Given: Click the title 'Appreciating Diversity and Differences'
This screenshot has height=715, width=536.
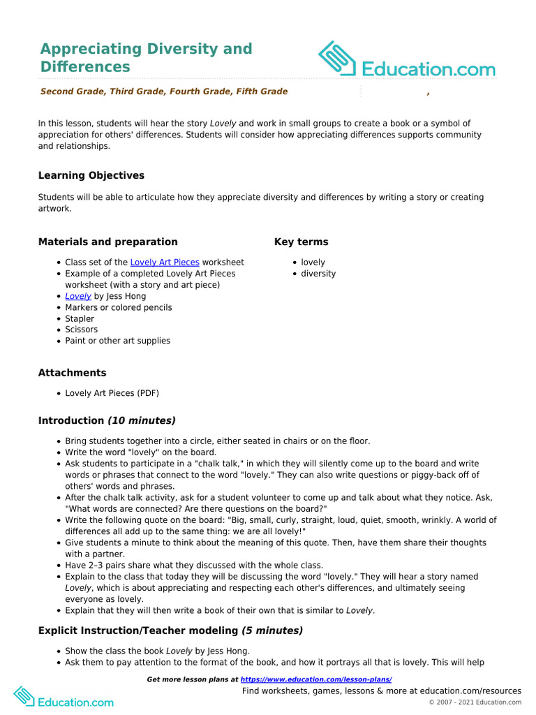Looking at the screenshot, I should coord(146,58).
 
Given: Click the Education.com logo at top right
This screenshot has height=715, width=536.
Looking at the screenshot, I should coord(407,59).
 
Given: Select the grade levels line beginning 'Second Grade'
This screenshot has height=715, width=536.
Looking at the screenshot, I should coord(164,91).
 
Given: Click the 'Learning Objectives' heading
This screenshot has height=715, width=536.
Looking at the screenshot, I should coord(91,175).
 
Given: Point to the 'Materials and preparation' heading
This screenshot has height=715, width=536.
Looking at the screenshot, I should coord(107,242).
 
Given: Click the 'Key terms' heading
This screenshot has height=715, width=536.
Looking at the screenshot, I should coord(301,242).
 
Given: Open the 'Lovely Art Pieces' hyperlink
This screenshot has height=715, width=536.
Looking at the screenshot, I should coord(165,263).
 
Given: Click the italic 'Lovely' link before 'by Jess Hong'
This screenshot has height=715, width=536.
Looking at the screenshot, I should coord(78,296).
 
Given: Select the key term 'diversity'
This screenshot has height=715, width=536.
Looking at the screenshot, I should coord(318,274).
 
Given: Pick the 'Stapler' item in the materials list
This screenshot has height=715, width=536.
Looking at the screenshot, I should coord(80,318).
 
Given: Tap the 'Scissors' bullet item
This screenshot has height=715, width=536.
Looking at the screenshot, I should coord(81,330).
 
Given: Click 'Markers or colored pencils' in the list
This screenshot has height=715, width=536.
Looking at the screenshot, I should coord(118,307).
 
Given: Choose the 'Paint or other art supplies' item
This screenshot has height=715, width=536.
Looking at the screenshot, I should coord(117,341).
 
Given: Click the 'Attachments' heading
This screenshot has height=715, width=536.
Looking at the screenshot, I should coord(72,373).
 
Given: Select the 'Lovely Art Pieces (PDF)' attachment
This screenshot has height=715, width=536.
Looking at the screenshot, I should coord(112,393).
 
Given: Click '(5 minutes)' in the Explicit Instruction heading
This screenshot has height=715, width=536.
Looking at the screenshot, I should coord(272,631).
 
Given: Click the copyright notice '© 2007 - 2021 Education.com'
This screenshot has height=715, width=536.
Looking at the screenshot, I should coord(475,702).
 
